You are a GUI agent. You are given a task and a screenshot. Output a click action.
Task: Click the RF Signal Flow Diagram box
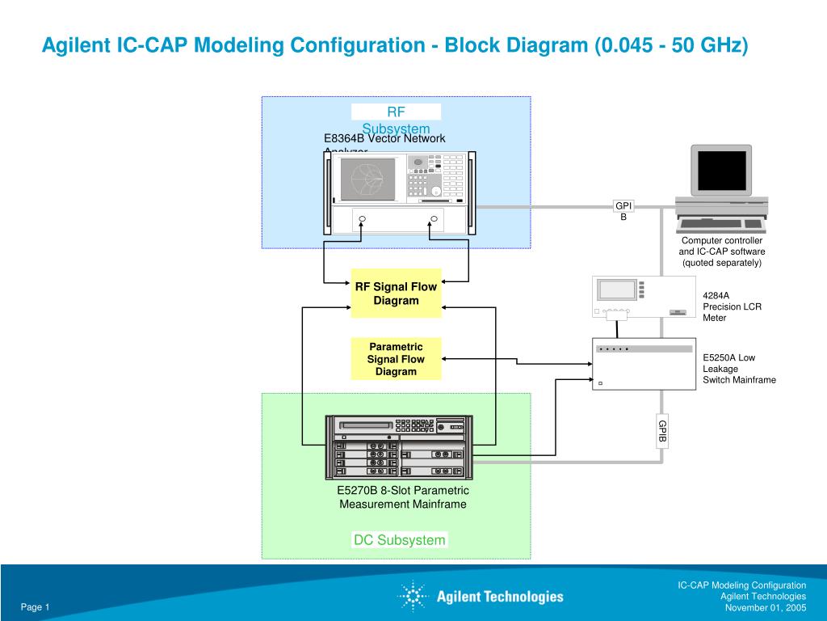pyautogui.click(x=396, y=294)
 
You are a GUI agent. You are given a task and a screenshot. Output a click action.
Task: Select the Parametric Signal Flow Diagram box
pyautogui.click(x=396, y=359)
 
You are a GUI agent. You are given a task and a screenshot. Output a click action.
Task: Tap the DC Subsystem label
pyautogui.click(x=399, y=540)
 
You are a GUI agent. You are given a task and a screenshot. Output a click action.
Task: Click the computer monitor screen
pyautogui.click(x=721, y=170)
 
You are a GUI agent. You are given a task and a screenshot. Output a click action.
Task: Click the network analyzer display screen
pyautogui.click(x=367, y=179)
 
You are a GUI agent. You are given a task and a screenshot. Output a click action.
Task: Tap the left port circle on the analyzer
pyautogui.click(x=363, y=219)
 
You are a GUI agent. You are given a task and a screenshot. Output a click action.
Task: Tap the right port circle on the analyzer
pyautogui.click(x=434, y=219)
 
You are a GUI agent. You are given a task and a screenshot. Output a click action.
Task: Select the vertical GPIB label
pyautogui.click(x=662, y=431)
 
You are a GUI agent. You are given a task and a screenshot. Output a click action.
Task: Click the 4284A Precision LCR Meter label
pyautogui.click(x=732, y=306)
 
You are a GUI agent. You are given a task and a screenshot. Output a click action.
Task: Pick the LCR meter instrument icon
pyautogui.click(x=644, y=297)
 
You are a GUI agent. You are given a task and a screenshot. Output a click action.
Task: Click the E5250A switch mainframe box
pyautogui.click(x=644, y=364)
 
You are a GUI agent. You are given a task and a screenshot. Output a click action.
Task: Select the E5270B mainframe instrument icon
pyautogui.click(x=399, y=447)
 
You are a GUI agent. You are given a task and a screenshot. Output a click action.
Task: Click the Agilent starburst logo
pyautogui.click(x=413, y=597)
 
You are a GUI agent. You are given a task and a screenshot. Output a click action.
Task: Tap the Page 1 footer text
pyautogui.click(x=36, y=607)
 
